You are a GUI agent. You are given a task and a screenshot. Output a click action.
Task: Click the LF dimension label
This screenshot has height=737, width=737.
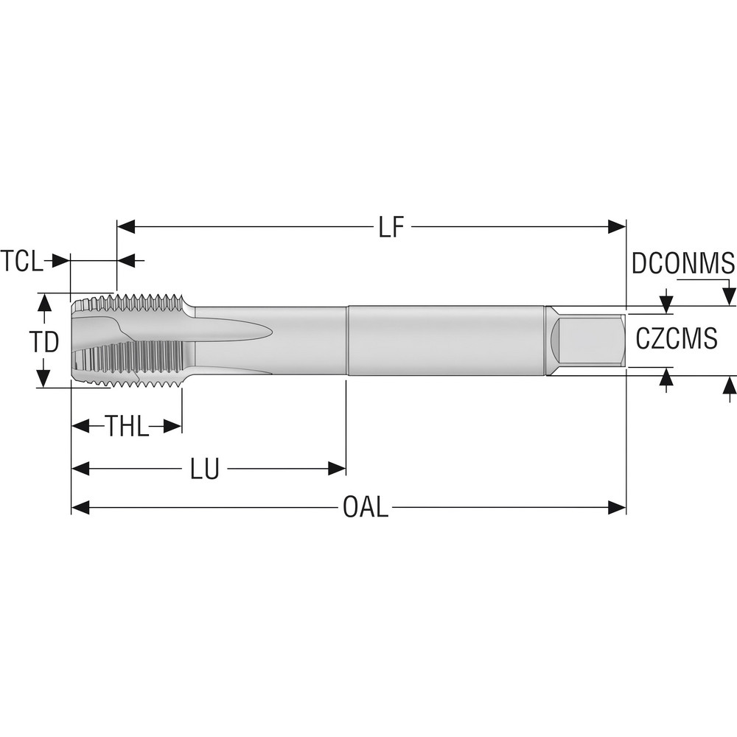tap(391, 228)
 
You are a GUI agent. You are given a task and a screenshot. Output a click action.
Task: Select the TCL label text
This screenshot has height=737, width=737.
tap(22, 261)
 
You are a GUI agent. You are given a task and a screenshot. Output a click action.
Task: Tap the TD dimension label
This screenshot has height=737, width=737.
tap(43, 341)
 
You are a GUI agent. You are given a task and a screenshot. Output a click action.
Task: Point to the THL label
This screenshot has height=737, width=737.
tap(127, 426)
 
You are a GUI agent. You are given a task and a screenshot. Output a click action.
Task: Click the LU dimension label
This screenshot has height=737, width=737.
tap(205, 469)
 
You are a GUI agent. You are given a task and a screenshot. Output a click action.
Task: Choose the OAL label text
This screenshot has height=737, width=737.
tap(366, 508)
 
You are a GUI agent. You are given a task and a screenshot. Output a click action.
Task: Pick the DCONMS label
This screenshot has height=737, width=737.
tap(682, 263)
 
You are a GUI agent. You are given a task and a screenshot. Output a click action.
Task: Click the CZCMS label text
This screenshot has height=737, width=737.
tap(676, 340)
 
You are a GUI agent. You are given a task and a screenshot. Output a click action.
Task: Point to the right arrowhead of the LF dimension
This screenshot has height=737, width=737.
tap(617, 227)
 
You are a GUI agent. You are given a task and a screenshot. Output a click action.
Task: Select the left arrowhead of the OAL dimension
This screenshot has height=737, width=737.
tap(80, 508)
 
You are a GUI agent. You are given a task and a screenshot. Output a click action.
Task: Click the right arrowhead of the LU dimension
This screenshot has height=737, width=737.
tap(337, 469)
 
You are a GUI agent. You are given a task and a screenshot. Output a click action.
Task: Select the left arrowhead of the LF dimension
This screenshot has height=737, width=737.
tap(126, 227)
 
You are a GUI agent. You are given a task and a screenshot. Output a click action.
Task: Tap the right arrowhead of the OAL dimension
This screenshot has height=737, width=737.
tap(617, 508)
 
